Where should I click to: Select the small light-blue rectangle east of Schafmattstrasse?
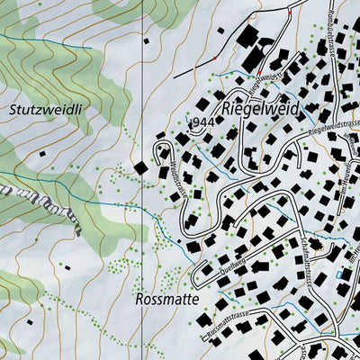(x=338, y=274)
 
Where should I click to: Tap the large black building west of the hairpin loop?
(x=141, y=167)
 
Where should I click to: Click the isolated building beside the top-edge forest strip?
(x=147, y=40)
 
